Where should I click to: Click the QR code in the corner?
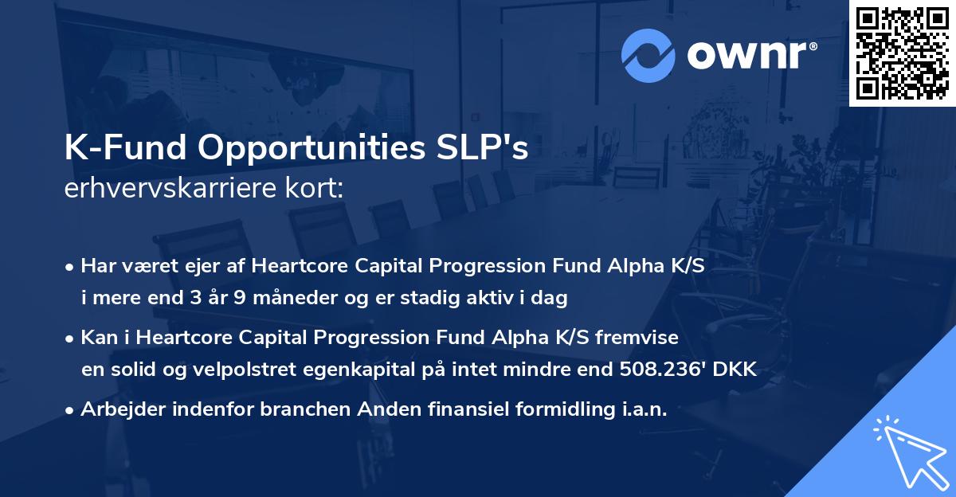pos(903,53)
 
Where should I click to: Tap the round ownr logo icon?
pos(648,55)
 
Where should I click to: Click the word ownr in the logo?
pos(746,56)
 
